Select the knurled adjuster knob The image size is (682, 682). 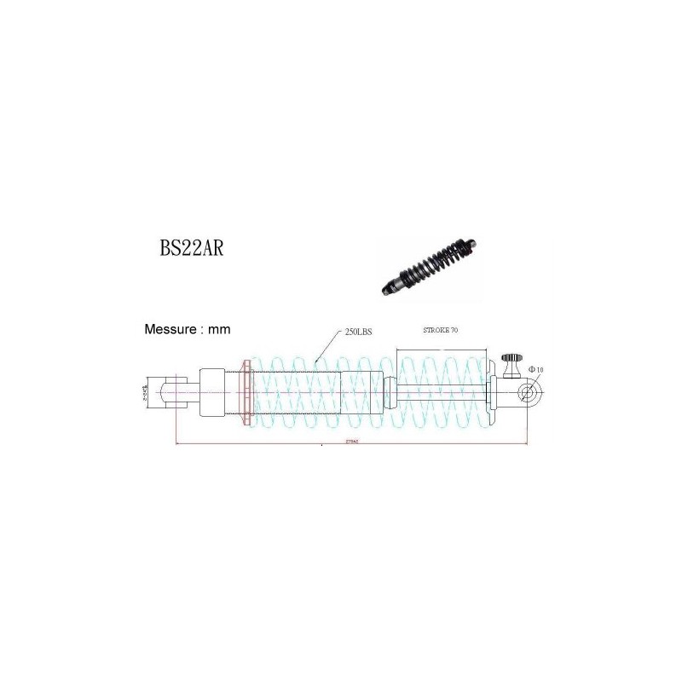511,361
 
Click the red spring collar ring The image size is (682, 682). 248,393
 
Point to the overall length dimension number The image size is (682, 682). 350,442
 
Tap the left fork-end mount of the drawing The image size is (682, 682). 165,393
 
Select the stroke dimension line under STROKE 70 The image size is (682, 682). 441,350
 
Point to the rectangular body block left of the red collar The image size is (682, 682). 212,393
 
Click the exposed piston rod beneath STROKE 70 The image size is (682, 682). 439,393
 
